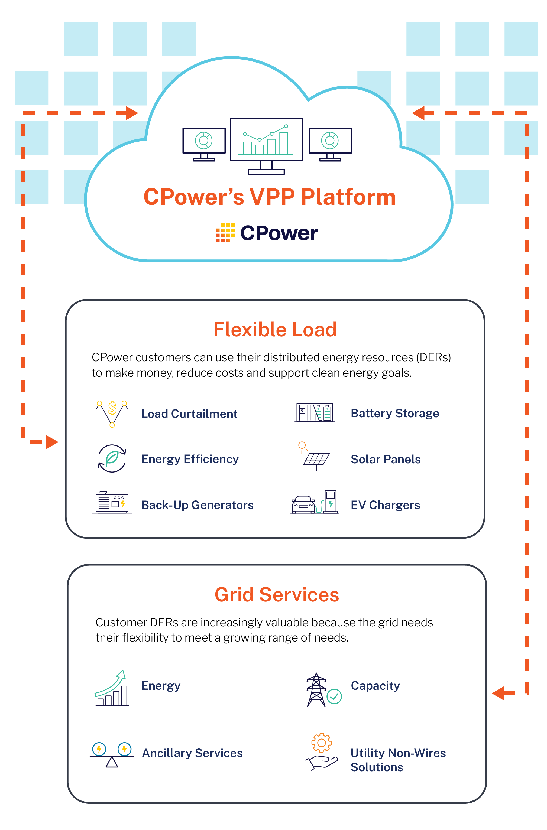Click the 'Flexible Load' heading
[x=275, y=330]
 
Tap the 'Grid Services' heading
[x=277, y=595]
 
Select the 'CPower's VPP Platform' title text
[x=270, y=197]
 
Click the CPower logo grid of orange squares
[x=225, y=233]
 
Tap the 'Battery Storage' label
[x=394, y=413]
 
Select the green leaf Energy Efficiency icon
[x=112, y=458]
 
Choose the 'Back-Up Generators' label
[x=197, y=505]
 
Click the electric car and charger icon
[x=314, y=503]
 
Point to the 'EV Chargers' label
[x=385, y=505]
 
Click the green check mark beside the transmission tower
[x=334, y=696]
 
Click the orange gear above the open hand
[x=321, y=743]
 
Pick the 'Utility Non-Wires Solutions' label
[x=398, y=760]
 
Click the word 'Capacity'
[x=375, y=686]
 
